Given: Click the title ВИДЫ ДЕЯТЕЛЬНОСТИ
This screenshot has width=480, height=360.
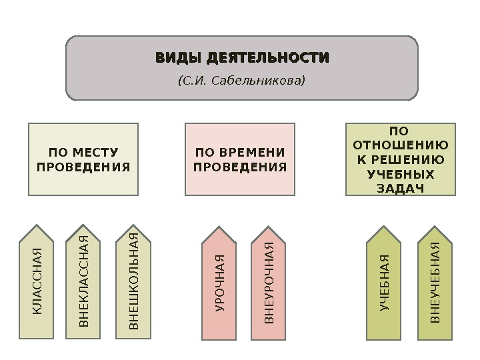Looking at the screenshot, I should pyautogui.click(x=242, y=58).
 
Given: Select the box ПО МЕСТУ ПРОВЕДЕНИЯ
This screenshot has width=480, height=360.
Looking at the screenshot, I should pyautogui.click(x=83, y=159).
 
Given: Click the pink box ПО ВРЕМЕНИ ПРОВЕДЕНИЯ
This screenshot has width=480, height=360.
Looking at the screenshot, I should pyautogui.click(x=240, y=159).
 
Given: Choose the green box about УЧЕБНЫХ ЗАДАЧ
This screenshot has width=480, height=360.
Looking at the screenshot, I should pyautogui.click(x=400, y=159).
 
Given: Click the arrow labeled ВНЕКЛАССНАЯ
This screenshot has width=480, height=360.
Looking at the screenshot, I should pyautogui.click(x=83, y=280).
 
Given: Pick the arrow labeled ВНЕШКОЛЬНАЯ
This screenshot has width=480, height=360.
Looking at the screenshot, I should pyautogui.click(x=133, y=280).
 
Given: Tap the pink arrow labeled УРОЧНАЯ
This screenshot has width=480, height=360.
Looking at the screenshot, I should pyautogui.click(x=220, y=280).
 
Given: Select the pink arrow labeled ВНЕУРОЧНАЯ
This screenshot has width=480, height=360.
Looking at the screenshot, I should pyautogui.click(x=269, y=280).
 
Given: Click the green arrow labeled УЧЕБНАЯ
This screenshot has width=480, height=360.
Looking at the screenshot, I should pyautogui.click(x=385, y=280).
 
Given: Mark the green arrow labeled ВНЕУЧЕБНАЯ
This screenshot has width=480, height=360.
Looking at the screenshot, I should pyautogui.click(x=435, y=280).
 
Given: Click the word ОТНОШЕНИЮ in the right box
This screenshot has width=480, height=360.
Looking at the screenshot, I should pyautogui.click(x=400, y=145).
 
